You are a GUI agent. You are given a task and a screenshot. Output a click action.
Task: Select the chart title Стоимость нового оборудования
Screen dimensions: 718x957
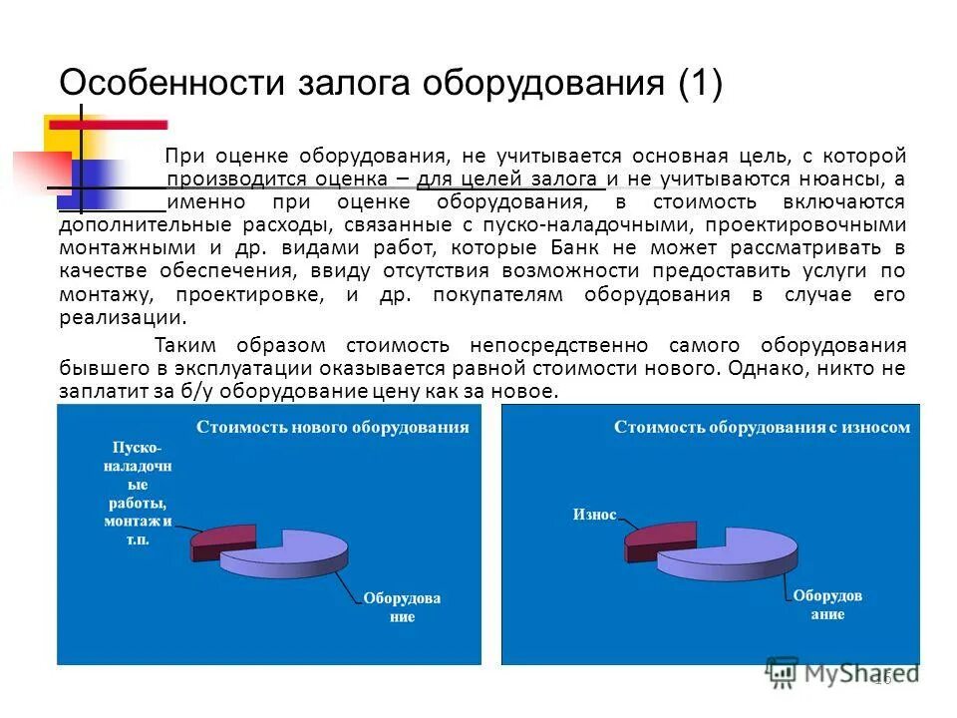pyautogui.click(x=332, y=427)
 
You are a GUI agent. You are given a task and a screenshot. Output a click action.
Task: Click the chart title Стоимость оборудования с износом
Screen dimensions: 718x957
pyautogui.click(x=762, y=427)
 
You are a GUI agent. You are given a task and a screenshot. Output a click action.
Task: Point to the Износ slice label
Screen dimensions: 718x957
pyautogui.click(x=594, y=516)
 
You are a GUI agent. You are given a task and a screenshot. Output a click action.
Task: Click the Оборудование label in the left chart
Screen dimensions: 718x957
pyautogui.click(x=401, y=607)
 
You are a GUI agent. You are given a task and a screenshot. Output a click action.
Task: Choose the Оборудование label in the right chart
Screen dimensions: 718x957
pyautogui.click(x=827, y=604)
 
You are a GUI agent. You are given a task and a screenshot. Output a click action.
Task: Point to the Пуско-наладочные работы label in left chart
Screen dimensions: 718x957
pyautogui.click(x=138, y=493)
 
